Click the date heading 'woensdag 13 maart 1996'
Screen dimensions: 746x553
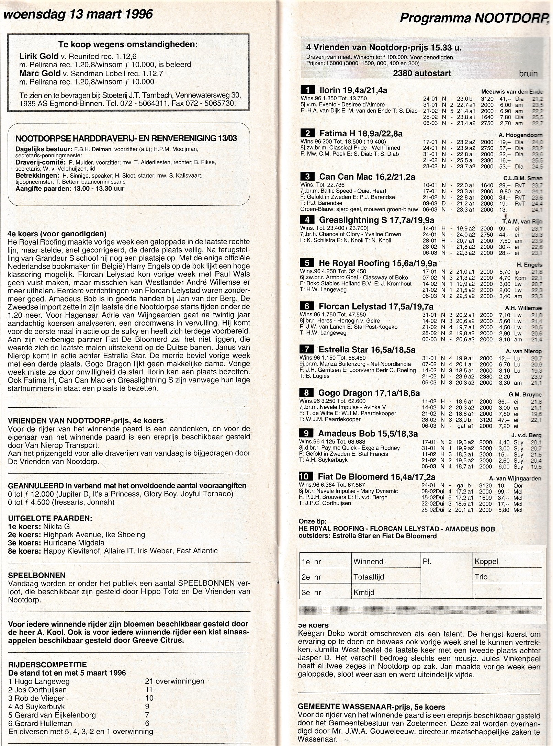(78, 14)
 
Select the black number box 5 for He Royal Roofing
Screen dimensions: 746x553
(307, 263)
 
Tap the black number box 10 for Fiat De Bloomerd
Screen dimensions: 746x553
(306, 476)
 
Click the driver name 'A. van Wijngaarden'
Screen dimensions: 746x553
(515, 478)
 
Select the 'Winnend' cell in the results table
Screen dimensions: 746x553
(368, 562)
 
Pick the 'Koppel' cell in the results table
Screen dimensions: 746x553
(486, 562)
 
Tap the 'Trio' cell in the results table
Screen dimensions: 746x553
(481, 577)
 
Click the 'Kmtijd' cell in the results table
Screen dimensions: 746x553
(364, 592)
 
